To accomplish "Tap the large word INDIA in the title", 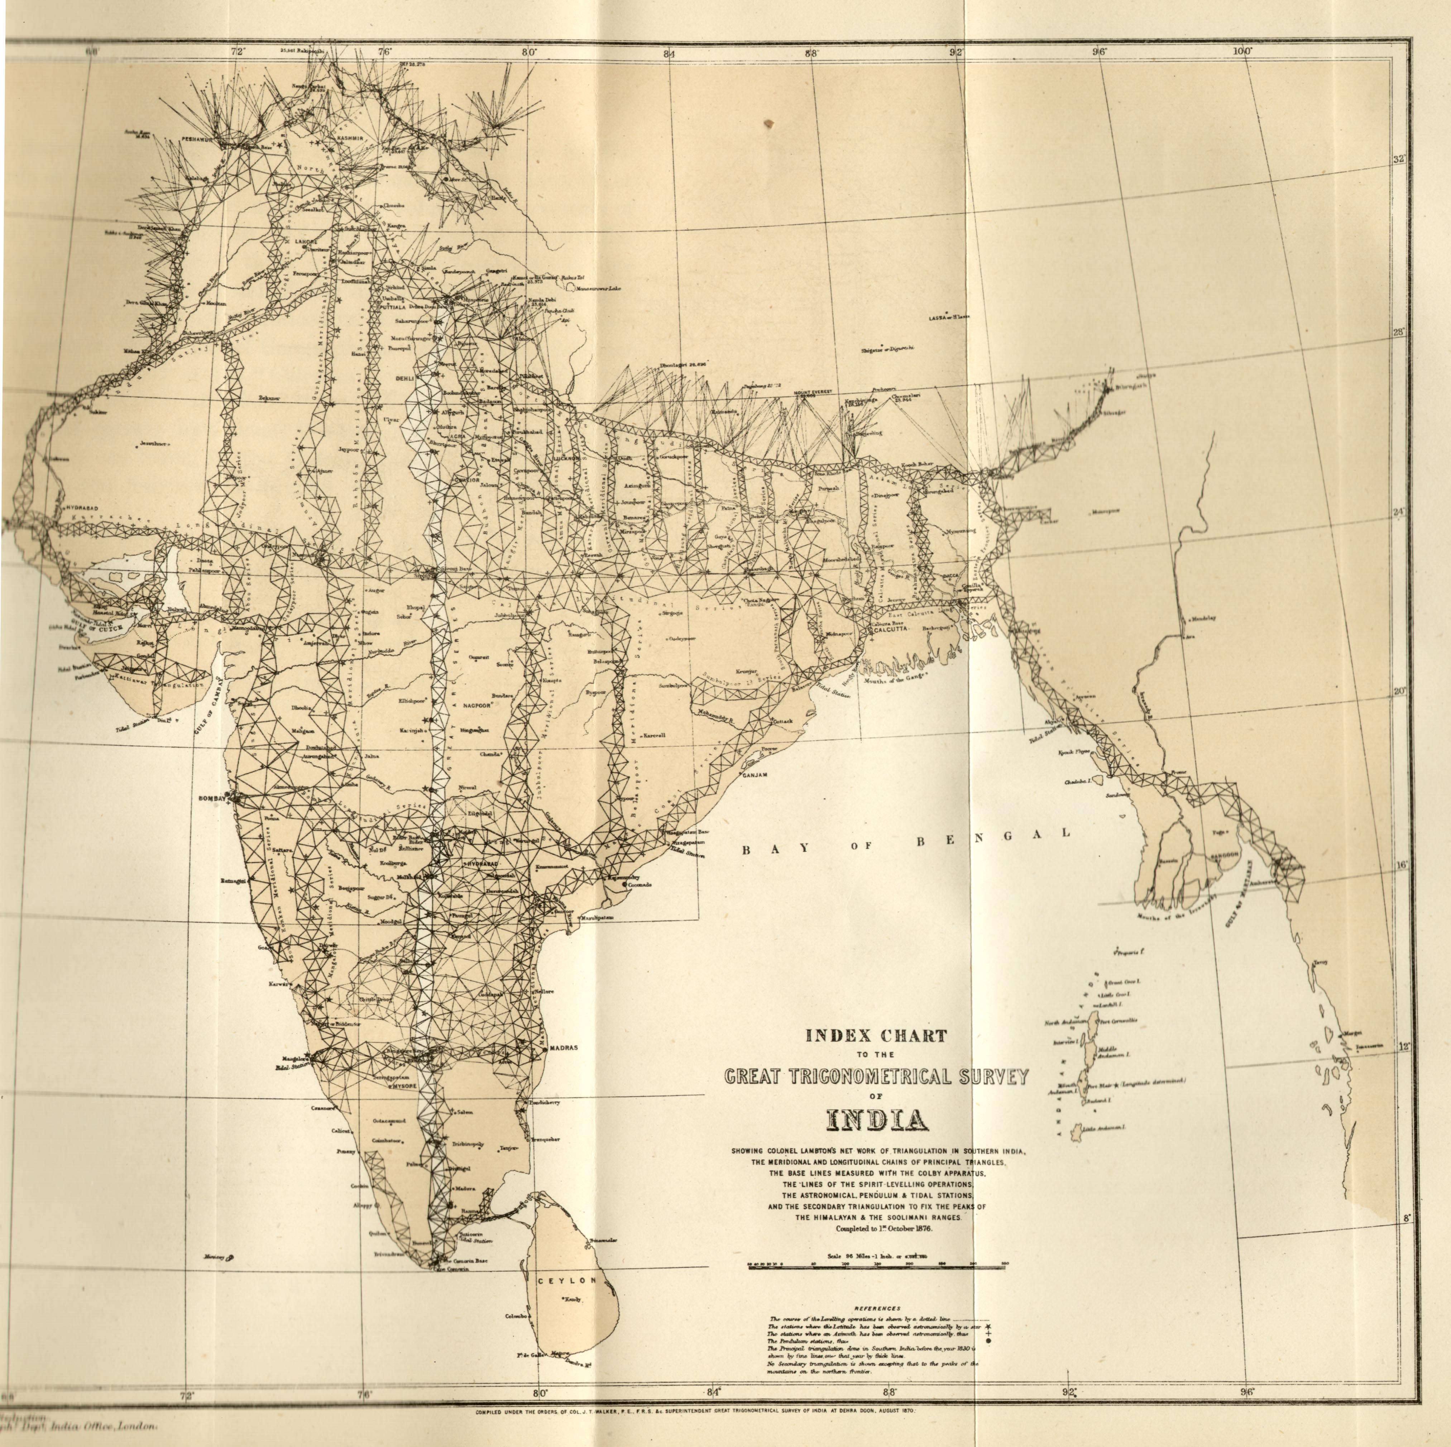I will click(x=876, y=1120).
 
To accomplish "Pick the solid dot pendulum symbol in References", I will click(x=977, y=1340).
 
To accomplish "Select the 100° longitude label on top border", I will click(x=1242, y=51).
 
